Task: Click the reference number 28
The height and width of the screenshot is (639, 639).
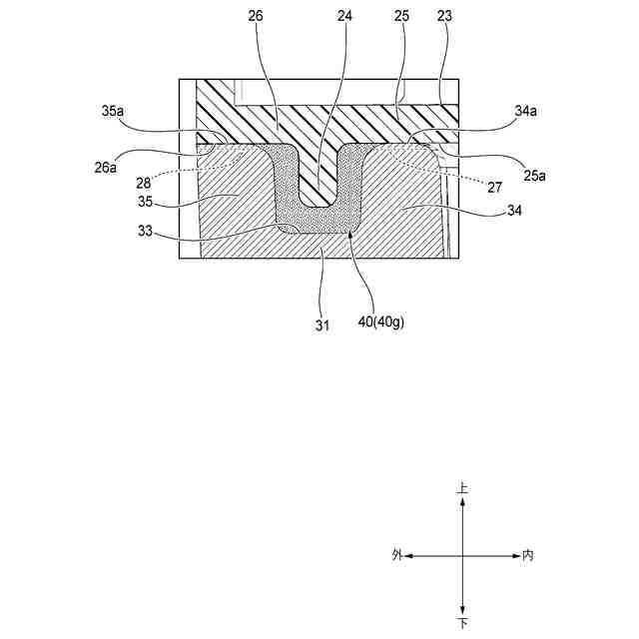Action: (145, 183)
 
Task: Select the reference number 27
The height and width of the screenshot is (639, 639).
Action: (495, 187)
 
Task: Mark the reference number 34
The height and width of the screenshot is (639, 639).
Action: (515, 211)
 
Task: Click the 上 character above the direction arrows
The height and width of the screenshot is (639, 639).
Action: (462, 489)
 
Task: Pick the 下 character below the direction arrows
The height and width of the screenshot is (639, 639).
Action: (462, 623)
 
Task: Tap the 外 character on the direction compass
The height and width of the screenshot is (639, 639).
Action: (397, 555)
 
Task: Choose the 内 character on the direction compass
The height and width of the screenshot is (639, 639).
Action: (527, 555)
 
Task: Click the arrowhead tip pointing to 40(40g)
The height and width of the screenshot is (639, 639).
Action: (352, 234)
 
